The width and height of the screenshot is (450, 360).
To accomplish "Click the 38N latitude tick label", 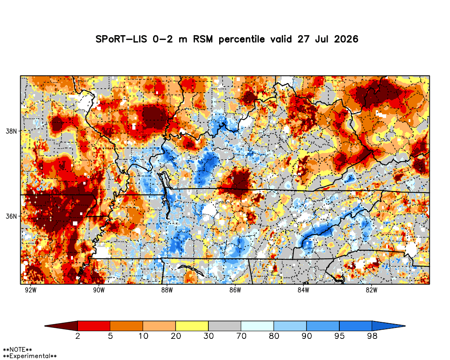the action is coord(11,131).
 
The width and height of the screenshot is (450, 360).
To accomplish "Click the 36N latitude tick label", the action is coord(11,216).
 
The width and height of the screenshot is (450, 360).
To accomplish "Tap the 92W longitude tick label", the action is coord(31,290).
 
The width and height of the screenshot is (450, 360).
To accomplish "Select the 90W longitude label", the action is coord(99,290).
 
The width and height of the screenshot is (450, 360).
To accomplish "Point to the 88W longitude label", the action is coord(167,290).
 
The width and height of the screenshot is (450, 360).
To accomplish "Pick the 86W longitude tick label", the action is coord(235,290).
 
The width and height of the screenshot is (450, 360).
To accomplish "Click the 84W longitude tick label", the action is coord(303,290).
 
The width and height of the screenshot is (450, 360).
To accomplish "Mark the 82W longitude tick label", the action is coord(371,290).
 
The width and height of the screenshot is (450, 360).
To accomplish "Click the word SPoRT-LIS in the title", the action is coord(121,39).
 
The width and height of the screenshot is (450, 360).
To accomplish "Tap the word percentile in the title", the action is coord(242,39).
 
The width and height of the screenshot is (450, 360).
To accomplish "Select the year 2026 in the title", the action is coord(346,39).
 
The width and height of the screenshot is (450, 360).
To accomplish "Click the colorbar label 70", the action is coord(241,336).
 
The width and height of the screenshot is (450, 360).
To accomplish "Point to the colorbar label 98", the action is coord(372,336).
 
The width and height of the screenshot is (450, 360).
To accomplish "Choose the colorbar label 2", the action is coord(77,336).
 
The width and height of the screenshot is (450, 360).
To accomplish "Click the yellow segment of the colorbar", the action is coord(192,326).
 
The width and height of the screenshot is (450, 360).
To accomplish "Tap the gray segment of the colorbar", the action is coord(225,326).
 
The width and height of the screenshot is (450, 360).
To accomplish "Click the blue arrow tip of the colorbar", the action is coord(405,326).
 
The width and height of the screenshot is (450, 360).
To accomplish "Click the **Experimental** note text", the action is coord(30,356).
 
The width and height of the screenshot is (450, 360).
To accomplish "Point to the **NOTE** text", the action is coord(17,350).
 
